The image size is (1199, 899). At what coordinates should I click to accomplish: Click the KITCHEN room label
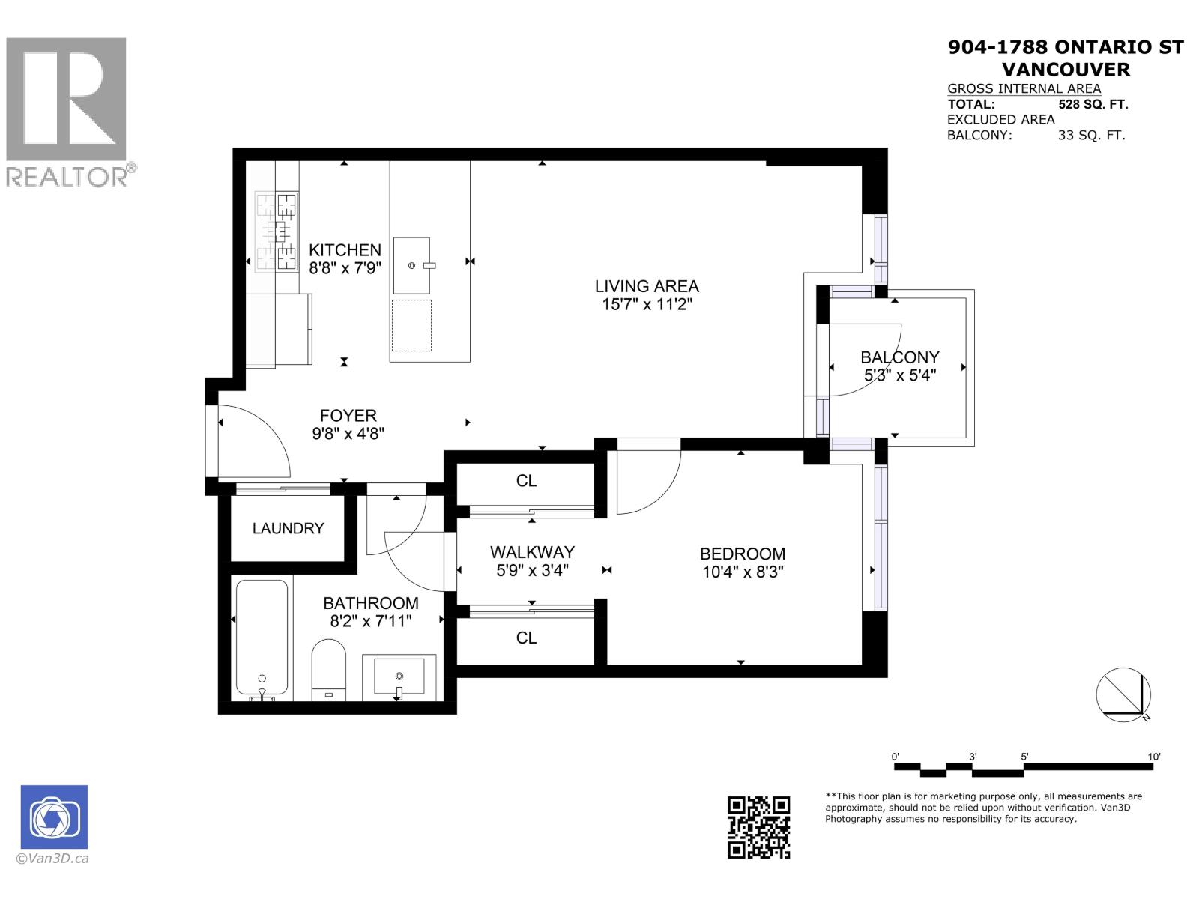[x=345, y=250]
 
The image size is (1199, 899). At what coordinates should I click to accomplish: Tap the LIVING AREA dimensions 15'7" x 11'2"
[x=647, y=304]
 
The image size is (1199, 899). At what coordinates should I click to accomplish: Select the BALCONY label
[x=899, y=357]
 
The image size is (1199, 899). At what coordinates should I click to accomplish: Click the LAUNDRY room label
[x=288, y=528]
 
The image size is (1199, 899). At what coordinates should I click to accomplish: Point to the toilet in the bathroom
[x=328, y=666]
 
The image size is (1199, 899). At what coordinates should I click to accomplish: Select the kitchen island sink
[x=411, y=265]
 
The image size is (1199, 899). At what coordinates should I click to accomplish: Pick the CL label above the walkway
[x=526, y=481]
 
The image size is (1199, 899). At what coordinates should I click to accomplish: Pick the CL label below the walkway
[x=526, y=638]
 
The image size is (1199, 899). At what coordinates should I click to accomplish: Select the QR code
[x=758, y=827]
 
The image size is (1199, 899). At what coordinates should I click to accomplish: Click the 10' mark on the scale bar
[x=1153, y=757]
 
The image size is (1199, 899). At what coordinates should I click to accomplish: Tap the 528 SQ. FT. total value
[x=1093, y=104]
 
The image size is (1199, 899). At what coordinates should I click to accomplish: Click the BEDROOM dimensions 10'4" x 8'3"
[x=742, y=572]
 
